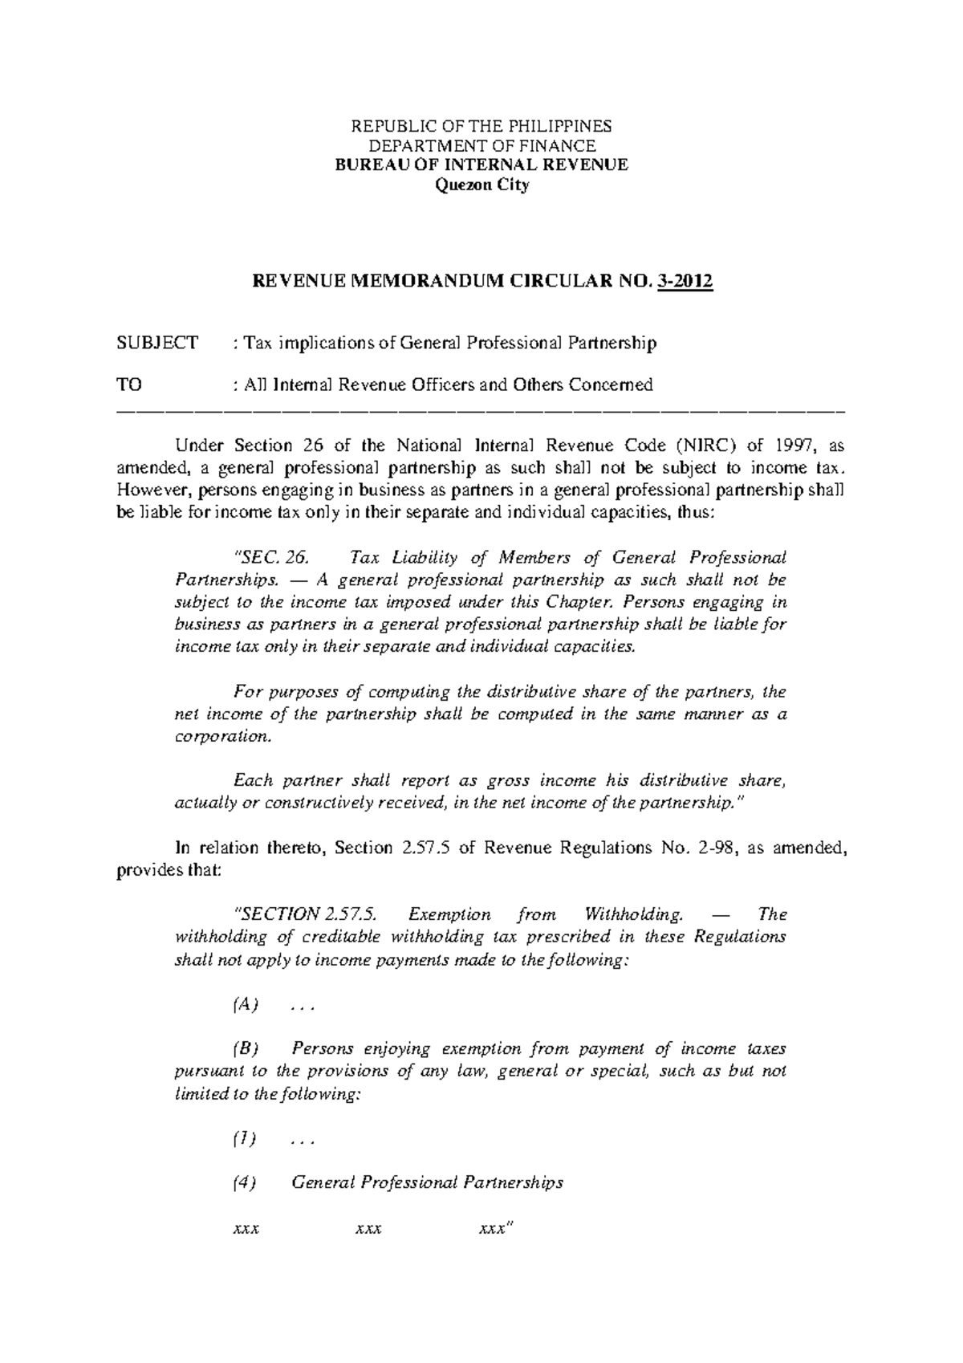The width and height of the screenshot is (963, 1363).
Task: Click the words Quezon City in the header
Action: (481, 186)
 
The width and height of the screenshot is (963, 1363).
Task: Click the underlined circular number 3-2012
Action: (685, 283)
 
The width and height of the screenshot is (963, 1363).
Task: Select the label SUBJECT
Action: (157, 344)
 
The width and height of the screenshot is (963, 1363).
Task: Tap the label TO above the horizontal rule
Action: (129, 385)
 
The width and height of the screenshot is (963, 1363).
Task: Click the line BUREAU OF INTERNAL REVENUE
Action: (481, 165)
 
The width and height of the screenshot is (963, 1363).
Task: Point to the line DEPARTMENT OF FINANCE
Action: (481, 146)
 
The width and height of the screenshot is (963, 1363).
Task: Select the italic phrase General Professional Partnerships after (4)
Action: (427, 1182)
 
